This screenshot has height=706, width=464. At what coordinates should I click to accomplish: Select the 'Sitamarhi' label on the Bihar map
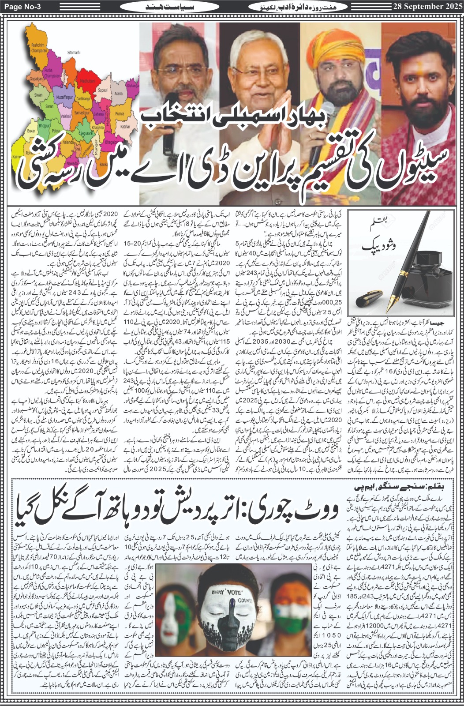tap(73, 53)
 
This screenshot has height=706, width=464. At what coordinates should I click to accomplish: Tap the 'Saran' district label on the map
tap(50, 106)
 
